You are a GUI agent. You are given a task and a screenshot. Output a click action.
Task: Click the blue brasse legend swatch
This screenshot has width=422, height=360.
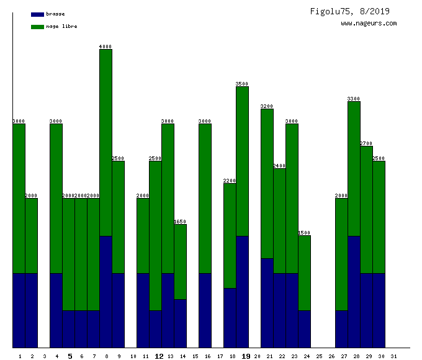tap(37, 14)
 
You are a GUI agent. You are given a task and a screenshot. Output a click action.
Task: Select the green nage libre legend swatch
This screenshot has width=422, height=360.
tap(37, 27)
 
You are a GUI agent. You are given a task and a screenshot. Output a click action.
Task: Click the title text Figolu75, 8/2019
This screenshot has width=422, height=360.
tap(350, 11)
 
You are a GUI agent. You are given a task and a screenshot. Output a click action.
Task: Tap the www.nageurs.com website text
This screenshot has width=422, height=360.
tap(369, 24)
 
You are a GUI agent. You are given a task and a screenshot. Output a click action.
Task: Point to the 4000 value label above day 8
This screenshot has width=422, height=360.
tap(105, 47)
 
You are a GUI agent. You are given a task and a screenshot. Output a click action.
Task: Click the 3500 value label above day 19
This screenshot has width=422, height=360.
tap(242, 84)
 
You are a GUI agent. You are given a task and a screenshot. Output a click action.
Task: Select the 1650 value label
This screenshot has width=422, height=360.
tap(180, 222)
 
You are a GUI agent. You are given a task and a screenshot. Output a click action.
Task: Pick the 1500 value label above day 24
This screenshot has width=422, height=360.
tap(304, 233)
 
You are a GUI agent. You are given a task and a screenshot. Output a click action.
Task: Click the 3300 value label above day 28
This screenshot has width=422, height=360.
tap(354, 99)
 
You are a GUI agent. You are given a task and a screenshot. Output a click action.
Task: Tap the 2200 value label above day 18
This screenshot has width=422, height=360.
tap(230, 181)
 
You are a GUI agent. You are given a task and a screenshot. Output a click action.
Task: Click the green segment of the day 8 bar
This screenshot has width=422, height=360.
tap(105, 143)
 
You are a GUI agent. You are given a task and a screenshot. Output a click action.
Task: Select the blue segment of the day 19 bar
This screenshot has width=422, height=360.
tap(242, 292)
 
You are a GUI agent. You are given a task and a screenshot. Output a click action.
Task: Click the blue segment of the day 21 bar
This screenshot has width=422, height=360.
tap(267, 303)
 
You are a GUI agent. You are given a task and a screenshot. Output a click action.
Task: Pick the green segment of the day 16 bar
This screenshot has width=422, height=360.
tap(205, 199)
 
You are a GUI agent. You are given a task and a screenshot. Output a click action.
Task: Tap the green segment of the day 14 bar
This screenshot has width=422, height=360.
tap(180, 261)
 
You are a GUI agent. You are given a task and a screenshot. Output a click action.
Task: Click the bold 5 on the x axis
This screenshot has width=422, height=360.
tap(70, 356)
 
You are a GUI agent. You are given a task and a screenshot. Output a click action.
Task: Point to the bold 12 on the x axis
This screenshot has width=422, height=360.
tap(159, 356)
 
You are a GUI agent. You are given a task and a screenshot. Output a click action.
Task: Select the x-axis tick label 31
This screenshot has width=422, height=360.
tap(393, 356)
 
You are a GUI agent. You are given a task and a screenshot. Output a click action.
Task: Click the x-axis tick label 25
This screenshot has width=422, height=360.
tap(319, 356)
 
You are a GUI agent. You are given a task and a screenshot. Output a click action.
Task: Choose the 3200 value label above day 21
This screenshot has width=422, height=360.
tap(267, 106)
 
